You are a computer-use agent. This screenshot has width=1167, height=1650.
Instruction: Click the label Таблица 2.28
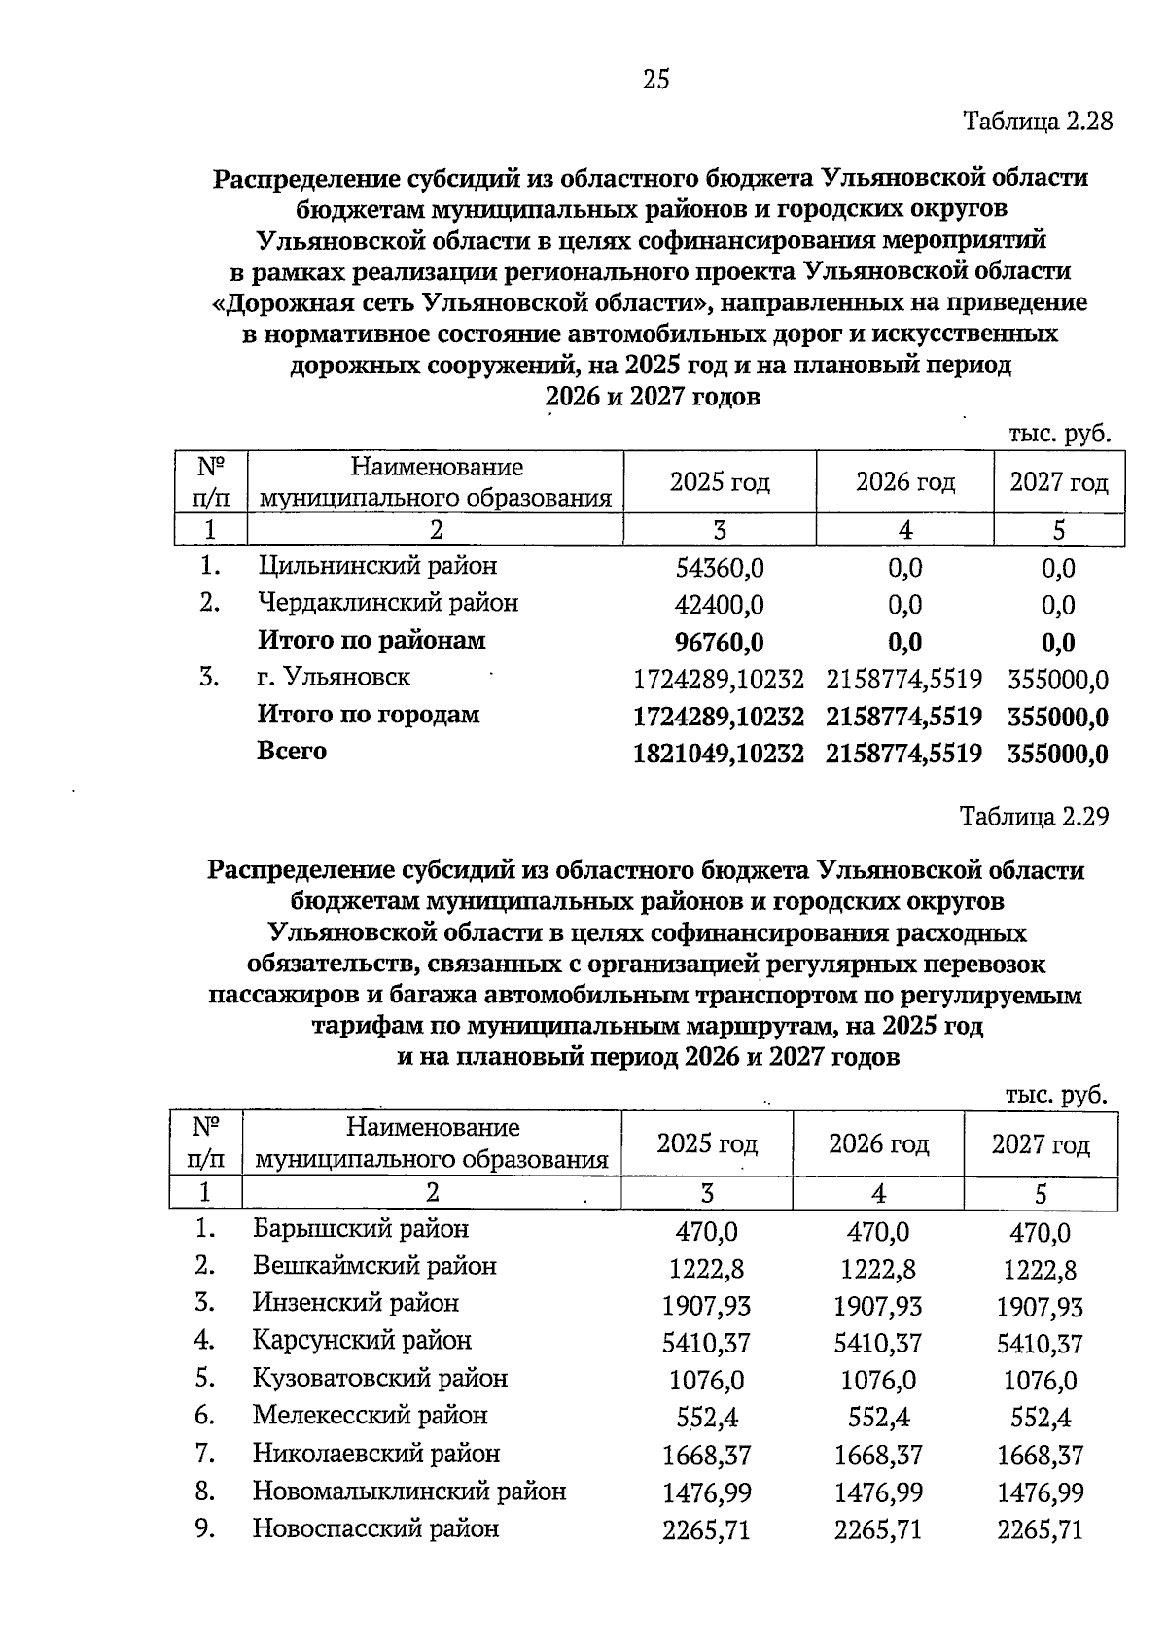click(1036, 123)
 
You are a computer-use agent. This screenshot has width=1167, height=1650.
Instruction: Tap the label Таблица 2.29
click(1034, 816)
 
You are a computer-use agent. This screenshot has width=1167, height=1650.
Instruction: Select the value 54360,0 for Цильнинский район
click(719, 568)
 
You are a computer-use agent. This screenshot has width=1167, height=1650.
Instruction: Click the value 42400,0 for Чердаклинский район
click(719, 605)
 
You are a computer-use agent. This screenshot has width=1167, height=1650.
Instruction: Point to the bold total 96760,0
click(719, 643)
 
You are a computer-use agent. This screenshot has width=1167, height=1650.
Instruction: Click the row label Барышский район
click(361, 1229)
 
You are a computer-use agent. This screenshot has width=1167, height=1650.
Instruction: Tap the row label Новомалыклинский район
click(409, 1491)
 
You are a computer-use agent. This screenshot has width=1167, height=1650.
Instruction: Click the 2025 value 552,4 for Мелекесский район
click(706, 1418)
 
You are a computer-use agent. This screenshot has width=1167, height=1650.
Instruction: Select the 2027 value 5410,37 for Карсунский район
click(1040, 1344)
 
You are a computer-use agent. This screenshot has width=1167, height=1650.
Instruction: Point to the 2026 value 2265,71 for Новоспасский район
click(878, 1530)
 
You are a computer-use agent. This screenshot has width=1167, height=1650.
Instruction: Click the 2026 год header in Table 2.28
click(904, 482)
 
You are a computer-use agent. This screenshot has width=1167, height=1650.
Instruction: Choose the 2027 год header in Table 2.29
click(1040, 1144)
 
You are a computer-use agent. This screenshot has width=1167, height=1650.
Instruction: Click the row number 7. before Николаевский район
click(204, 1454)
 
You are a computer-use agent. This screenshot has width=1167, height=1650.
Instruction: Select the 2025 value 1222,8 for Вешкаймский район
click(706, 1269)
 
